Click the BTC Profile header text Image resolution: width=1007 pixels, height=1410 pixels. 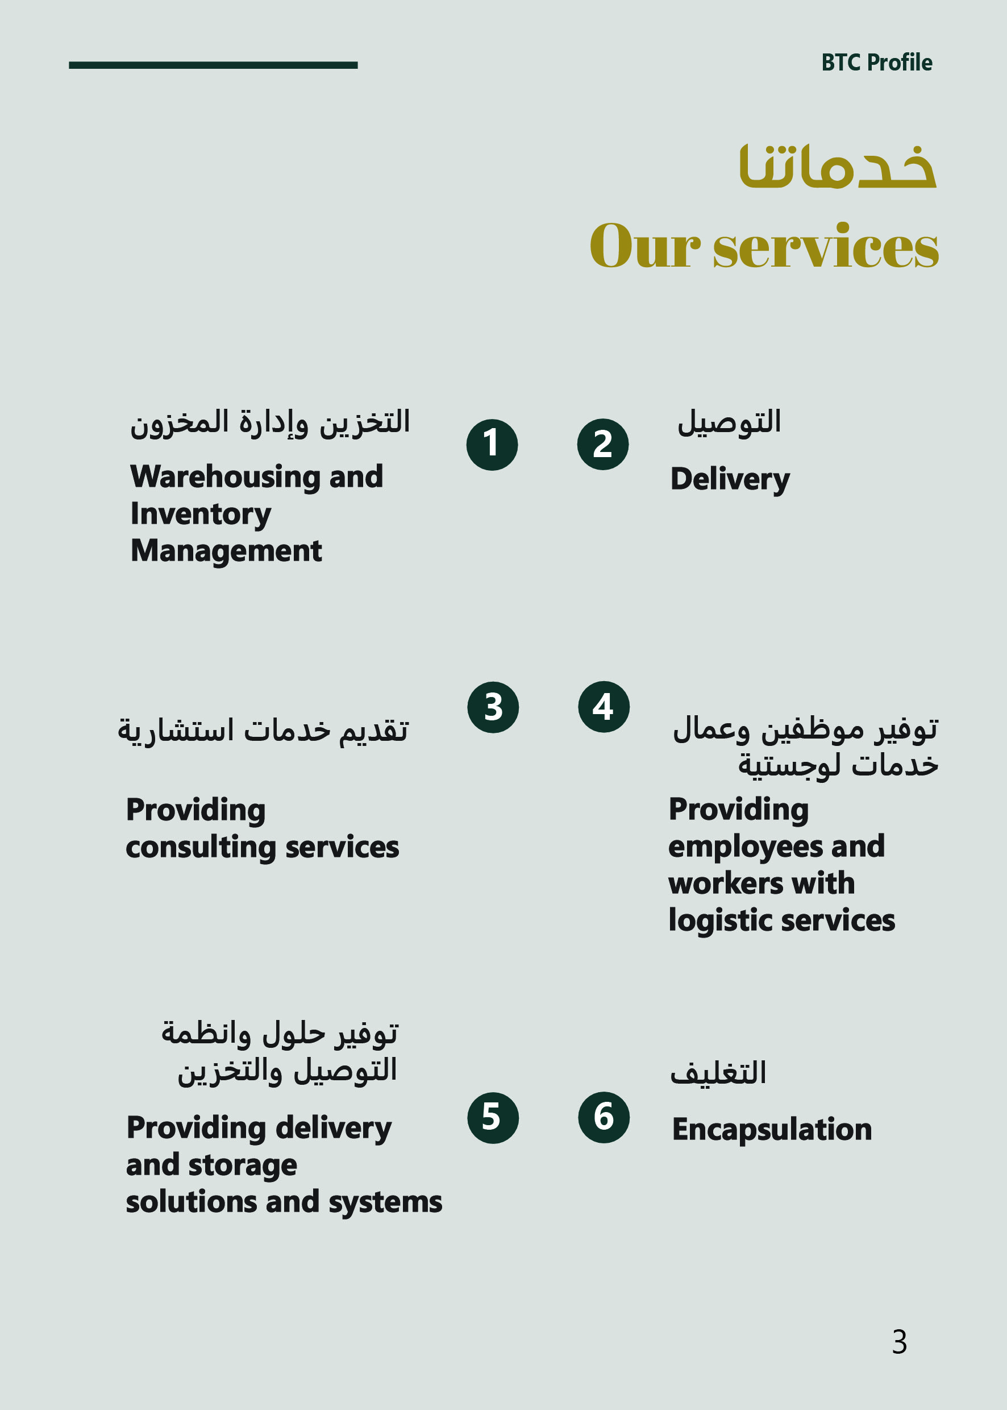(x=876, y=63)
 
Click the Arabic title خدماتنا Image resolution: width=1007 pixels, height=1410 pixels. (x=838, y=166)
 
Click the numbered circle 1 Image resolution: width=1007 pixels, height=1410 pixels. (x=492, y=445)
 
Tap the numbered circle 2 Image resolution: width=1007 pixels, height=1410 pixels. (x=603, y=444)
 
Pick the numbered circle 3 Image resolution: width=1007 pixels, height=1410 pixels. (x=493, y=707)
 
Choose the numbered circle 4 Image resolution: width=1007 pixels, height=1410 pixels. (x=604, y=707)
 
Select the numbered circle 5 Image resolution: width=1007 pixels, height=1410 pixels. (x=493, y=1118)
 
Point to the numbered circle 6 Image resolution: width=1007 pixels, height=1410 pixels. (x=604, y=1117)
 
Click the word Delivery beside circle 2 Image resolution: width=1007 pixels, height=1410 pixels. (x=730, y=479)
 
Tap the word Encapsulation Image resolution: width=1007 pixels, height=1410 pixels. (x=772, y=1130)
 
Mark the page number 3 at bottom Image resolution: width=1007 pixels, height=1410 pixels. (x=899, y=1342)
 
